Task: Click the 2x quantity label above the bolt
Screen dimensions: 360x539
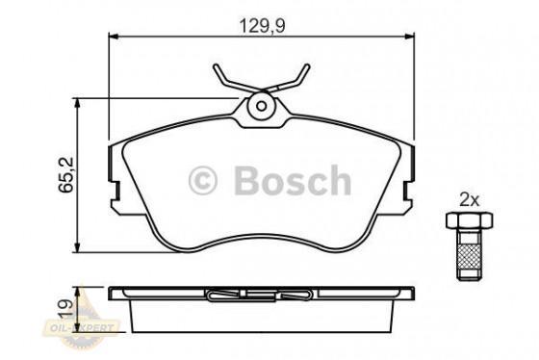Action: coord(469,199)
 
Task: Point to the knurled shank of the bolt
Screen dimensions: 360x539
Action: coord(470,255)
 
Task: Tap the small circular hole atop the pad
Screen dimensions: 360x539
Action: coord(260,107)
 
